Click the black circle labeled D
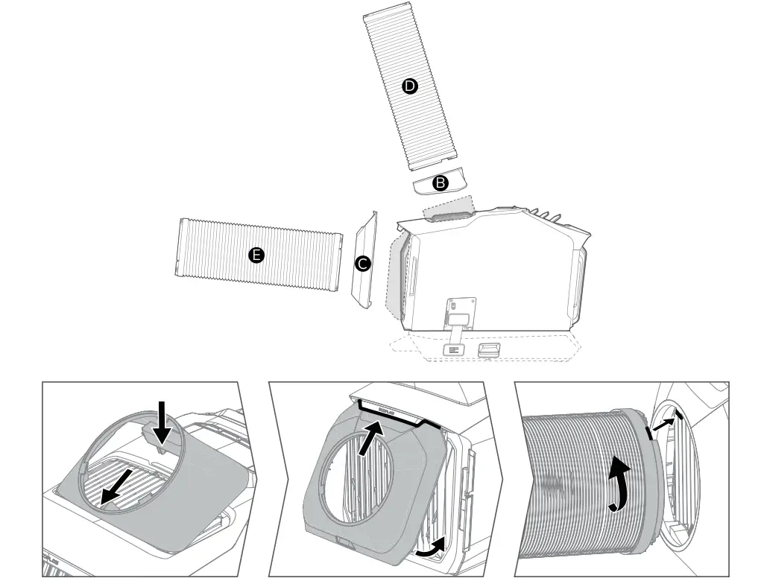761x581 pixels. click(409, 86)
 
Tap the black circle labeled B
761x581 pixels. click(441, 182)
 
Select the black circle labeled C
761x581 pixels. click(363, 264)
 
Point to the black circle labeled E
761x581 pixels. click(256, 255)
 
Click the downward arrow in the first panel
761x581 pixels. click(162, 422)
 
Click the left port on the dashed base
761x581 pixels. click(453, 349)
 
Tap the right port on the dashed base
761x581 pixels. click(489, 349)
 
